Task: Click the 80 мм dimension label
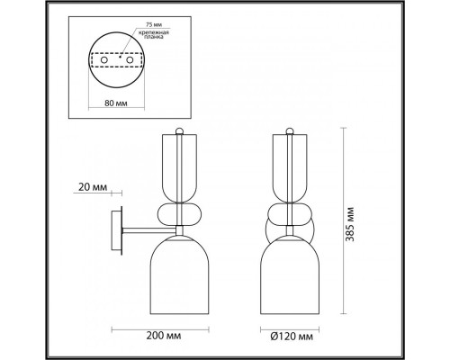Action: coord(116,103)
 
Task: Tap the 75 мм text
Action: coord(154,24)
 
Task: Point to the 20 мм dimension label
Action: coord(93,187)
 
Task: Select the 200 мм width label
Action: coord(164,336)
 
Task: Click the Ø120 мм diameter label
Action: coord(292,337)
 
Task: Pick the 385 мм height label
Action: coord(350,224)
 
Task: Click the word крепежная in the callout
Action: coord(154,32)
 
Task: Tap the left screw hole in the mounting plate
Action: coord(104,60)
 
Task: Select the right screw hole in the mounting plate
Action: coord(130,60)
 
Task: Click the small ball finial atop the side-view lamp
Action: coord(179,130)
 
